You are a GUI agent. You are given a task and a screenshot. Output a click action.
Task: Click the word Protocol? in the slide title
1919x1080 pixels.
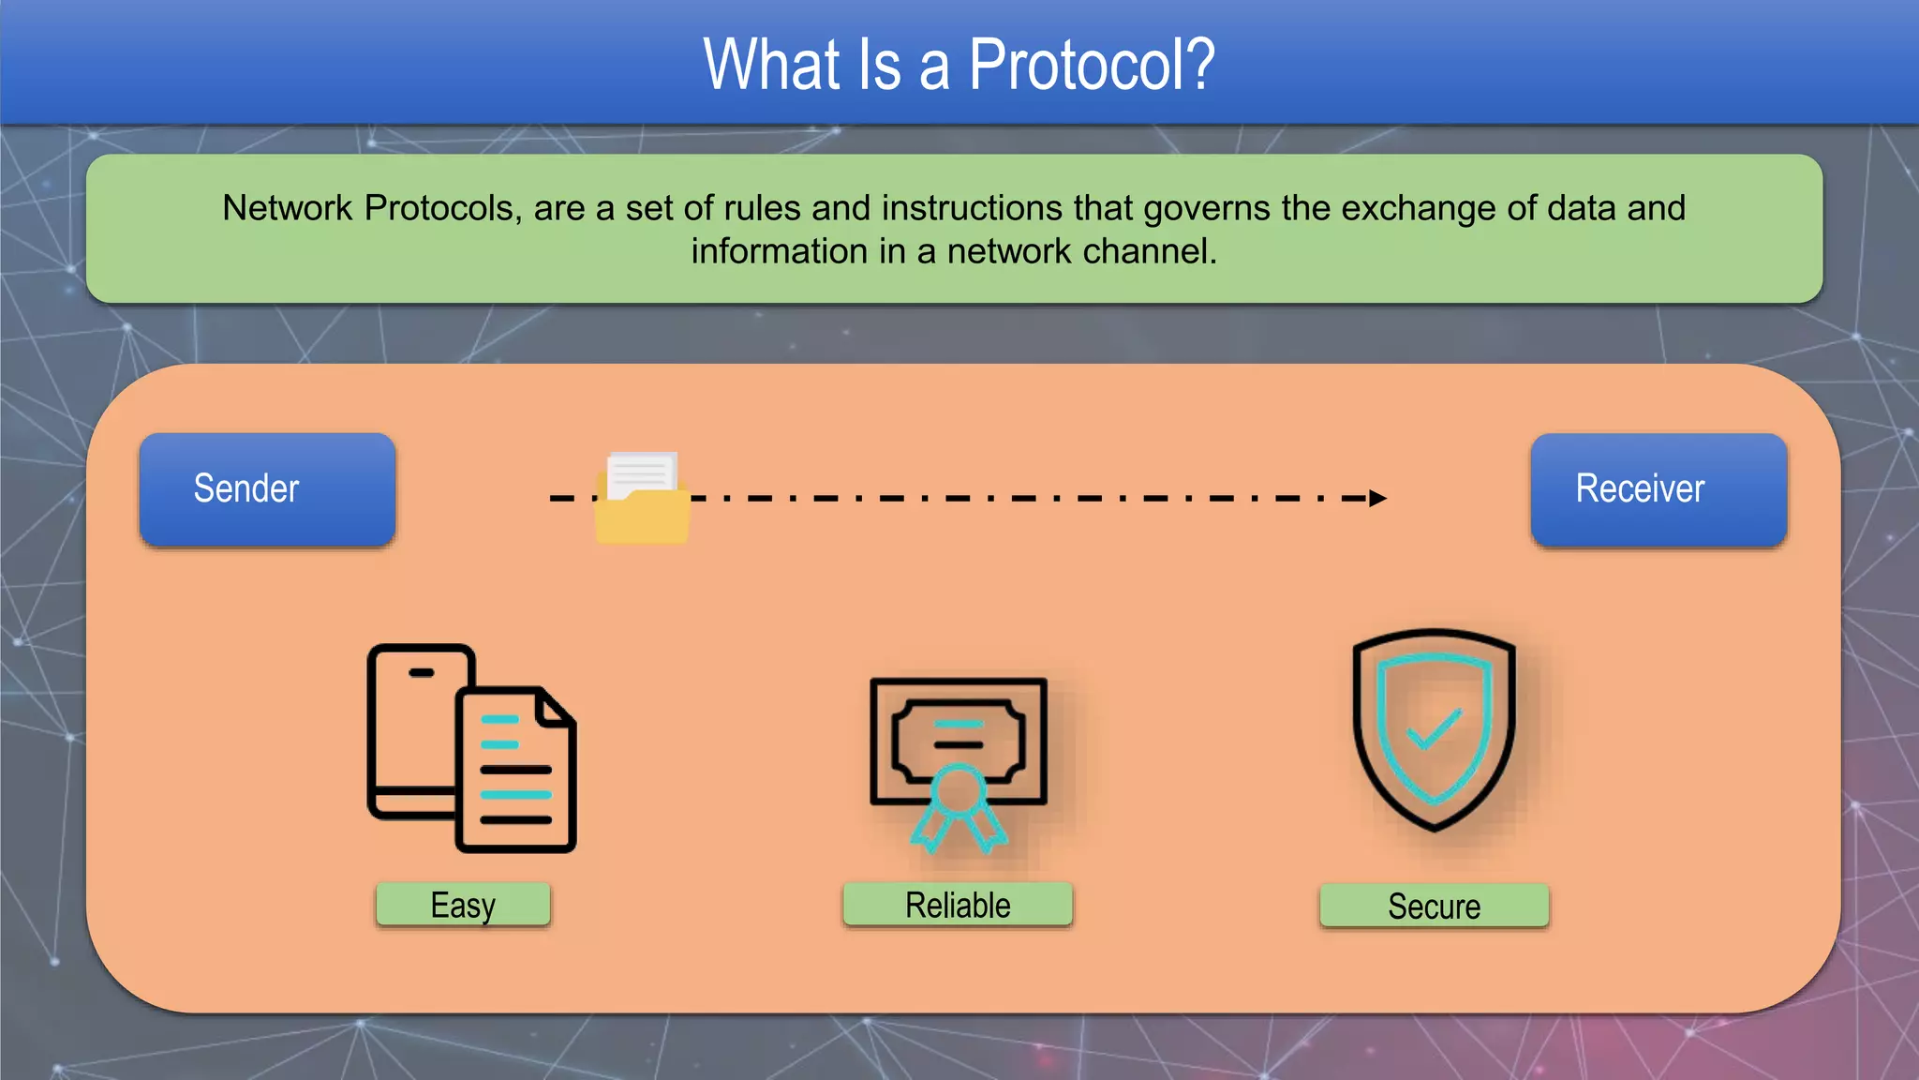[x=1091, y=66]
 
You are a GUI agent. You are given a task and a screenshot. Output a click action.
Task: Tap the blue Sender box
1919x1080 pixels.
[x=267, y=489]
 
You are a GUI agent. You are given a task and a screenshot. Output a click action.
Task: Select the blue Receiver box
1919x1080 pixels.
[x=1659, y=489]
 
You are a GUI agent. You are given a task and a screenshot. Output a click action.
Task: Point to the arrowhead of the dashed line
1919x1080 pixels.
[x=1376, y=498]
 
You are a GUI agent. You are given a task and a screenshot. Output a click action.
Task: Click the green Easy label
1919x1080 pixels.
[x=463, y=905]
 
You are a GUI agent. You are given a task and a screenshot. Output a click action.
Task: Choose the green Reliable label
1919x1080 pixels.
[x=957, y=905]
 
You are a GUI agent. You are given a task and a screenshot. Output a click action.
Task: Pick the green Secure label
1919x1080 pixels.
[x=1434, y=906]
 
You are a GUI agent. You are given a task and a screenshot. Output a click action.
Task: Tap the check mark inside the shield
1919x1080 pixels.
[x=1434, y=728]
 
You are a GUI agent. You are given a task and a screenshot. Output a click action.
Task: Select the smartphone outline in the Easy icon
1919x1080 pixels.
[x=412, y=731]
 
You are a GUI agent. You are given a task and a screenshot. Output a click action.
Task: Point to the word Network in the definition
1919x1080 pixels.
[x=288, y=208]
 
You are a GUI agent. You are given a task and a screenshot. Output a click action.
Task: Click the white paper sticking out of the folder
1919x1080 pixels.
[x=642, y=472]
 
